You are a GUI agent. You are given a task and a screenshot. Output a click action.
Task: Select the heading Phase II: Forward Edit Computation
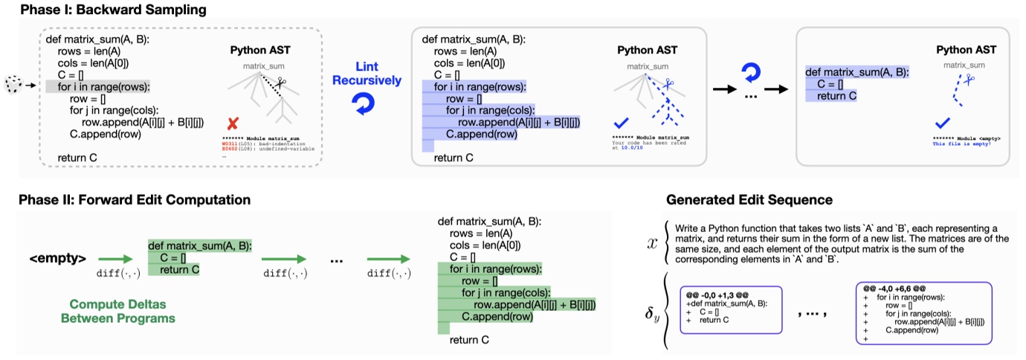(135, 199)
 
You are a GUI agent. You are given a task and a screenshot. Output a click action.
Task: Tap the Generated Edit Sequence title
(749, 199)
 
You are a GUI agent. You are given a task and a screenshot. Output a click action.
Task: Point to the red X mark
(233, 123)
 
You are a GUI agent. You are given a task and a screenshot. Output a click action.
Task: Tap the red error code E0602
(230, 149)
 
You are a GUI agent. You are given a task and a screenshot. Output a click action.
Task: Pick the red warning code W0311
(230, 143)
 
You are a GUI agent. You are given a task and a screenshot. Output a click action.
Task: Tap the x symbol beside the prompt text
(652, 242)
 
